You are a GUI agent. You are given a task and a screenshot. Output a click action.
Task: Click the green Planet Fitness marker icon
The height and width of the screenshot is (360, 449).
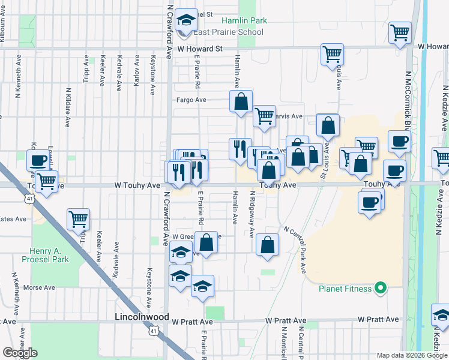(379, 289)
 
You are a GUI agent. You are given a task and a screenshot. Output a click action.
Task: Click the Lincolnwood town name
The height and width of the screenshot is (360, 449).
(142, 316)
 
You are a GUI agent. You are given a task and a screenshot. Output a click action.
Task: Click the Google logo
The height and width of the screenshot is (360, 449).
(20, 352)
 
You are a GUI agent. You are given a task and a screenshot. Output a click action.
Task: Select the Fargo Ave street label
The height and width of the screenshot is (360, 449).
(191, 100)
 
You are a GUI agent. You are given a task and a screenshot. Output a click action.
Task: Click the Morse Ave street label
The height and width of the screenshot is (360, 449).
(40, 287)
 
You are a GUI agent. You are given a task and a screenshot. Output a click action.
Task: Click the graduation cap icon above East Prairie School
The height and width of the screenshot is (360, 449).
(187, 20)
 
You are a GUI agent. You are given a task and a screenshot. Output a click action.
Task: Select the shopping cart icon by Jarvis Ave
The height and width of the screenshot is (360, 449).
(264, 116)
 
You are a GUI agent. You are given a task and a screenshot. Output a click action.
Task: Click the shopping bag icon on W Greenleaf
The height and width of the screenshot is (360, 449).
(206, 244)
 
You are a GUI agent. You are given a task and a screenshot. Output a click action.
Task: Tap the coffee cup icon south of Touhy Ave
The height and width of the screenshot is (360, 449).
(371, 200)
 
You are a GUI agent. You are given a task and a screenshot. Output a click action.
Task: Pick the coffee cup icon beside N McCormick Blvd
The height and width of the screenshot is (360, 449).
(399, 141)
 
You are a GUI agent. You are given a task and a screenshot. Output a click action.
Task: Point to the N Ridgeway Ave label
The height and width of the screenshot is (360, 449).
(253, 214)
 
